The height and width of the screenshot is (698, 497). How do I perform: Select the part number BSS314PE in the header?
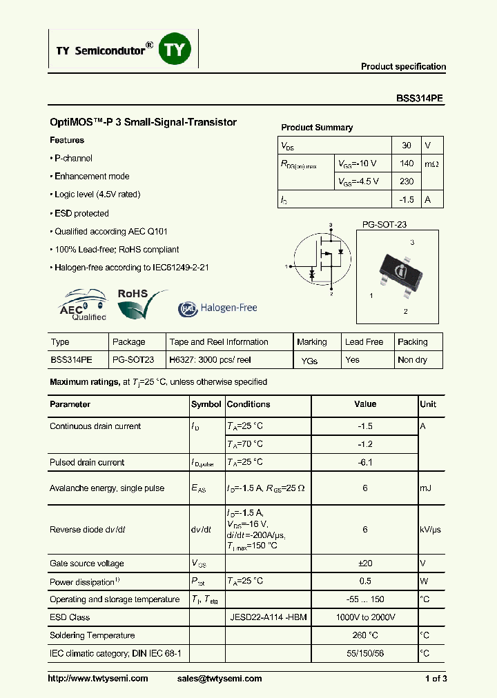tap(420, 99)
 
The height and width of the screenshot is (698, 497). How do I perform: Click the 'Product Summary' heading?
tap(317, 128)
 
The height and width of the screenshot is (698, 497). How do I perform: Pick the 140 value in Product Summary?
tap(407, 163)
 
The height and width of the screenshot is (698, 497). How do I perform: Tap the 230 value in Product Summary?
tap(407, 181)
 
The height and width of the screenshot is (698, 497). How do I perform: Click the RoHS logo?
tap(138, 304)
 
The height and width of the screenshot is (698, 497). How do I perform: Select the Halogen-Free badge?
tap(217, 308)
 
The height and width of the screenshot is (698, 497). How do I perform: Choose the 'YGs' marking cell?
tap(310, 361)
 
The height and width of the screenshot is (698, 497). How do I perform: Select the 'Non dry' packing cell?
tap(412, 360)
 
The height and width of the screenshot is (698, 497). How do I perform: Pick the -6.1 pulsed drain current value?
tap(365, 462)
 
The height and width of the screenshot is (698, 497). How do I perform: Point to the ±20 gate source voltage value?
tap(365, 564)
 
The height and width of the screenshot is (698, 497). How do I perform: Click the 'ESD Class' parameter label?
tap(70, 617)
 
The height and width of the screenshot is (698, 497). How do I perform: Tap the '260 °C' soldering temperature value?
tap(365, 635)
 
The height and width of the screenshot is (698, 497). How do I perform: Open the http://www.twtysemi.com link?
tap(98, 679)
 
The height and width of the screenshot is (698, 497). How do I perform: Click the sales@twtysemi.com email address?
tap(220, 679)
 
